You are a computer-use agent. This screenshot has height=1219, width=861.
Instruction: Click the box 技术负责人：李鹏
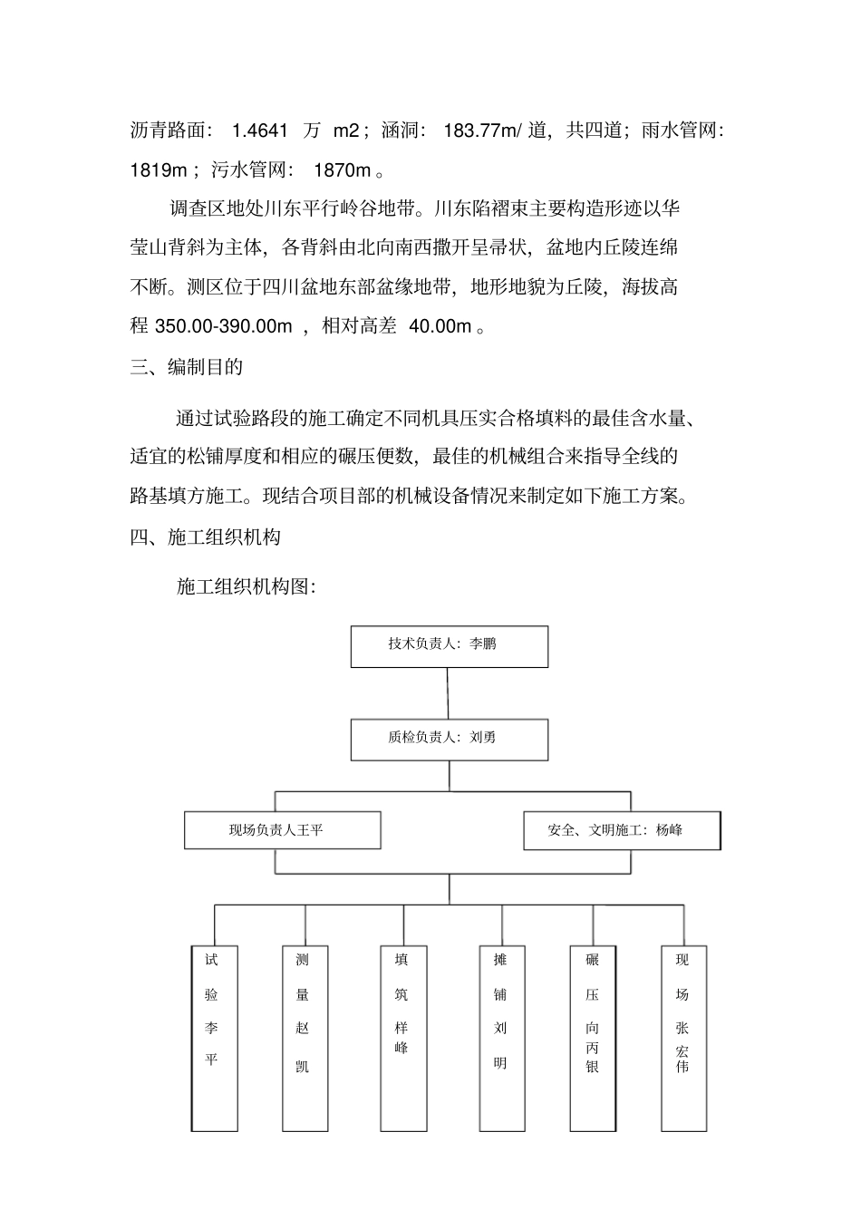click(449, 646)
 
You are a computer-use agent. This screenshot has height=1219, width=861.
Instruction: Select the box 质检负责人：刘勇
click(449, 740)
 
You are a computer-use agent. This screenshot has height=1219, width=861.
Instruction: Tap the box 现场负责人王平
click(282, 830)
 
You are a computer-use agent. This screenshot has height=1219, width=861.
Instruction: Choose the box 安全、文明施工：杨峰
click(622, 830)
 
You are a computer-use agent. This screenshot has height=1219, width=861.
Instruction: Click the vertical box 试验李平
click(215, 1038)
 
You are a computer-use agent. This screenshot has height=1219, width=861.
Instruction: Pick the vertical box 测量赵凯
click(305, 1038)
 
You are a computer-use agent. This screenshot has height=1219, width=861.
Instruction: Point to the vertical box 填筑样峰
click(402, 1038)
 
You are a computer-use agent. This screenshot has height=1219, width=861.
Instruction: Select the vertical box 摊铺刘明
click(502, 1038)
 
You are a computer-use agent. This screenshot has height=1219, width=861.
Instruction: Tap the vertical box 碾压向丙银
click(593, 1038)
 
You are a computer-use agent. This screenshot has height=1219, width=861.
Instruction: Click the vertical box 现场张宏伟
click(683, 1038)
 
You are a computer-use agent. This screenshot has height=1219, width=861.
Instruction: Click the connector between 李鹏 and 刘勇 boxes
click(449, 693)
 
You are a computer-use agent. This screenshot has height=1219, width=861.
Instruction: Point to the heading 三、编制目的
click(186, 367)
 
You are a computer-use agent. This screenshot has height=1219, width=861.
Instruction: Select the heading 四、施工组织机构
click(205, 537)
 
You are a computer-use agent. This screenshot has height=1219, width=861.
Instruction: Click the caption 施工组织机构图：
click(246, 586)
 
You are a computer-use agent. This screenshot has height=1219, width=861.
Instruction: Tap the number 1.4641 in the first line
click(260, 131)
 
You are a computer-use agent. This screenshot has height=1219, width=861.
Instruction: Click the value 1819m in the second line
click(159, 169)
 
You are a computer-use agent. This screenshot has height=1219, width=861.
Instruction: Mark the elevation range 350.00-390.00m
click(224, 326)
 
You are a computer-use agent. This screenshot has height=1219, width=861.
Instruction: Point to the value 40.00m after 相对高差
click(440, 326)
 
